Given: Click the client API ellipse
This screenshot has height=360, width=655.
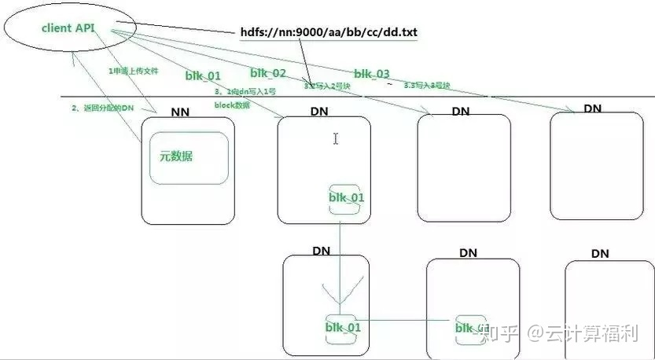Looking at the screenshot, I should point(69,28).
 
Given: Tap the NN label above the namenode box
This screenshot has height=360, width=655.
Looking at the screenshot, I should point(181,112).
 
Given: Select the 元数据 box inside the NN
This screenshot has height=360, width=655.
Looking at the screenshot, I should point(188,157).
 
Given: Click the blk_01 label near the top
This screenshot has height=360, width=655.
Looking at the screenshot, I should point(203,75).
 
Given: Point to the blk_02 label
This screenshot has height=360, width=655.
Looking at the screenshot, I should point(268,72).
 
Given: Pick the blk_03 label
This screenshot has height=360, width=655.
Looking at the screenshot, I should point(371,74).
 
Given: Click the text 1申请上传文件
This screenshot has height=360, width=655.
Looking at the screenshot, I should point(133,72).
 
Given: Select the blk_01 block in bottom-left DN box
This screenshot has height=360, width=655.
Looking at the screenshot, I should point(343,327).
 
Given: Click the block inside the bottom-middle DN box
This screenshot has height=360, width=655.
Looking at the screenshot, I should point(473,328).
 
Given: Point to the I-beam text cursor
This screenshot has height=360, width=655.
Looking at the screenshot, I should point(336,139).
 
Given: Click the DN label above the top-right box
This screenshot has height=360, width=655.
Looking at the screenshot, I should point(594,107).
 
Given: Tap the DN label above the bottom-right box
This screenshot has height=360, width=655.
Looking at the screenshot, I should point(600,253).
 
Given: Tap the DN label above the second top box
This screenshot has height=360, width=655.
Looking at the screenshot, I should point(319,112).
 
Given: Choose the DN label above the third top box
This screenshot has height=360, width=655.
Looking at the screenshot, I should point(461,112).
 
